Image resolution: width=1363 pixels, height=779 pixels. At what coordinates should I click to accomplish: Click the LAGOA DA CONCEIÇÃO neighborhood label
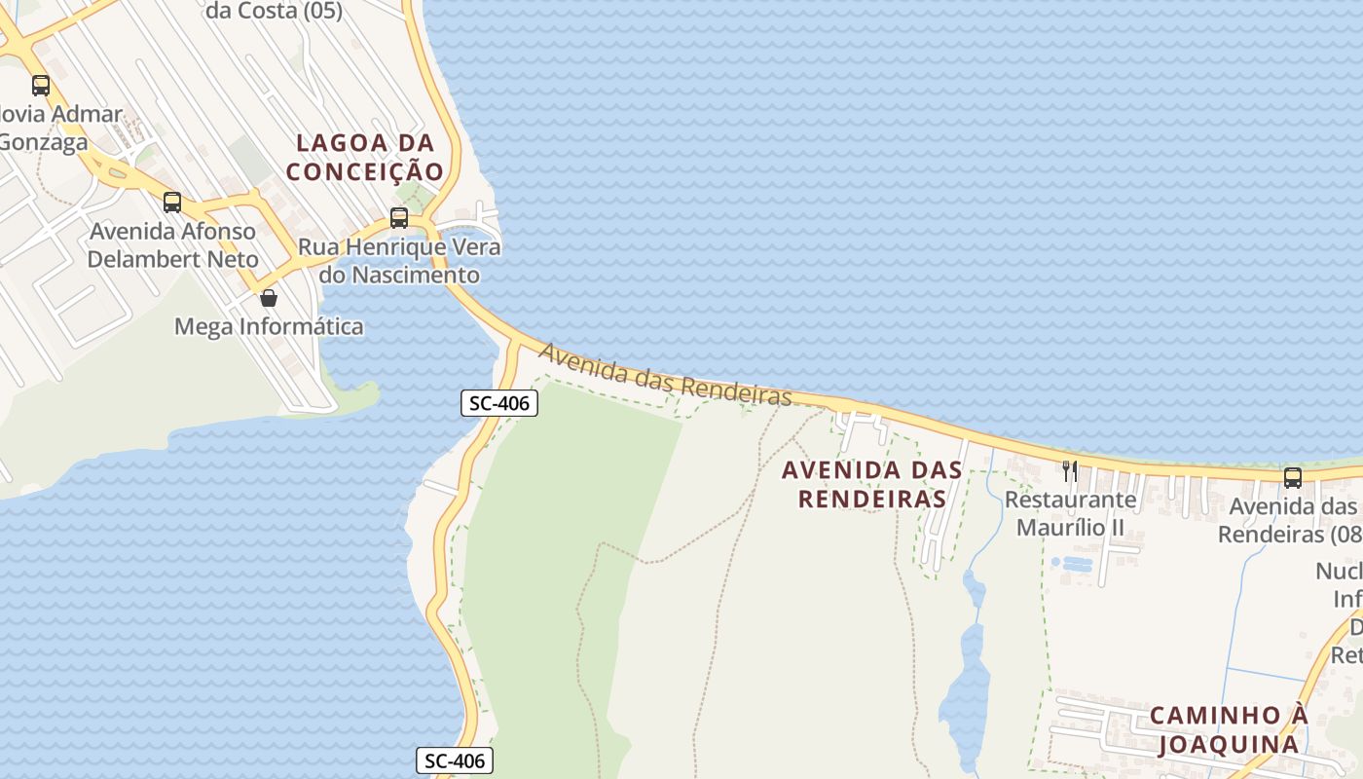[x=365, y=157]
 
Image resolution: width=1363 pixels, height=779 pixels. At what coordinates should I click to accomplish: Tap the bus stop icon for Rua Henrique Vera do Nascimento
[x=399, y=217]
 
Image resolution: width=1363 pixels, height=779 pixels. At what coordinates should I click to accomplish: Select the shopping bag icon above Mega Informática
[x=269, y=298]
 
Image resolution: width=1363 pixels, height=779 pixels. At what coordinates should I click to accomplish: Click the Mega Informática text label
[x=269, y=326]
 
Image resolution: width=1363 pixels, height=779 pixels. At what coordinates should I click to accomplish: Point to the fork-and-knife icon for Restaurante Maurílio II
[x=1070, y=471]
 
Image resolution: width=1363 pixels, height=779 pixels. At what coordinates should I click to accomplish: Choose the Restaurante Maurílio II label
[x=1070, y=513]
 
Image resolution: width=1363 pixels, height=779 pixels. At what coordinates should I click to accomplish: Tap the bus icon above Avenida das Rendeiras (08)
[x=1293, y=478]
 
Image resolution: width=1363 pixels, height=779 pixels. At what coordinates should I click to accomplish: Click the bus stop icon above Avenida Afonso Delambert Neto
[x=172, y=203]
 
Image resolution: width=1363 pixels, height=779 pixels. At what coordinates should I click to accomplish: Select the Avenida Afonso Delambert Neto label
[x=173, y=245]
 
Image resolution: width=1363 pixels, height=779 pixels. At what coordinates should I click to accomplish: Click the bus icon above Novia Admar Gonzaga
[x=40, y=85]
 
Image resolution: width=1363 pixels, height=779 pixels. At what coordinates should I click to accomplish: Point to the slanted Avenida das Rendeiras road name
[x=665, y=374]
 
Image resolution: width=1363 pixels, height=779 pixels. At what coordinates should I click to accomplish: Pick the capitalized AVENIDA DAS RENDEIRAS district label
[x=872, y=484]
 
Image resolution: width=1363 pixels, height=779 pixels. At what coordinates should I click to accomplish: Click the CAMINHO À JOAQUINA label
[x=1229, y=729]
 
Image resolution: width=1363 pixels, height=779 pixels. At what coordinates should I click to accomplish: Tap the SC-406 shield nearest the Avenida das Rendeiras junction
[x=499, y=403]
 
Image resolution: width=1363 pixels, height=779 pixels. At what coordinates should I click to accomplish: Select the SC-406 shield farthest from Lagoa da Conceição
[x=455, y=760]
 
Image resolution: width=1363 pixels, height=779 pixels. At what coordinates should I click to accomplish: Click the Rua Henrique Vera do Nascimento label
[x=399, y=261]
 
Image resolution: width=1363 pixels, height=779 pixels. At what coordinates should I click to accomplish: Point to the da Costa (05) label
[x=275, y=12]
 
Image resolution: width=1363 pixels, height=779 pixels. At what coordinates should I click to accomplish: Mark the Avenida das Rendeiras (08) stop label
[x=1290, y=520]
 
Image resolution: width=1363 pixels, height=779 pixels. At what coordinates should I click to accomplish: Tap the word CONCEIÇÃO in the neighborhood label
[x=365, y=171]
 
